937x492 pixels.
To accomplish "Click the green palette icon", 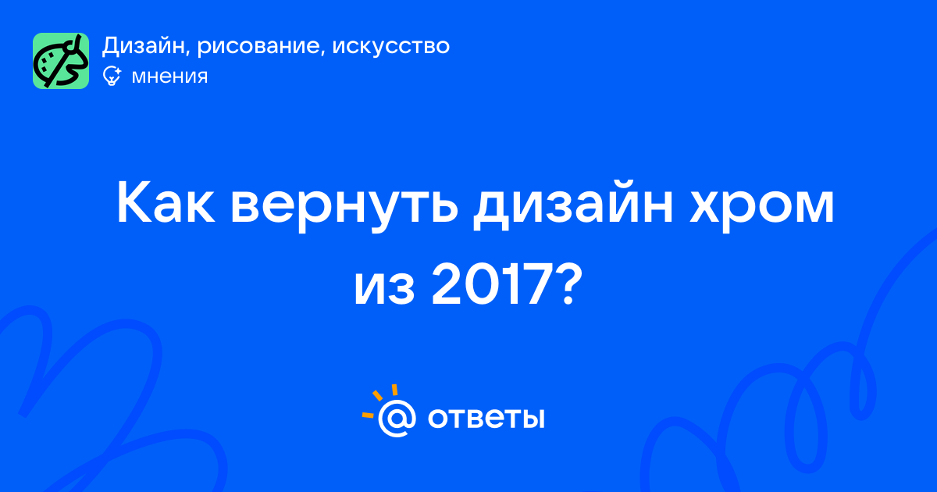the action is [x=61, y=61].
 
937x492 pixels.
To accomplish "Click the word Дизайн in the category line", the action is [x=143, y=46].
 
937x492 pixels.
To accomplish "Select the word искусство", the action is [x=391, y=46].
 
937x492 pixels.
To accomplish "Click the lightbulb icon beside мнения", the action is [x=112, y=77].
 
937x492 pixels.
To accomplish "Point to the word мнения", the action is [x=169, y=77].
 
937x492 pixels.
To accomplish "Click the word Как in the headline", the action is [x=166, y=203].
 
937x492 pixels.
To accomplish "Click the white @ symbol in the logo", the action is [x=397, y=418].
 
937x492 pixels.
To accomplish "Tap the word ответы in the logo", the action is [x=486, y=418].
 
